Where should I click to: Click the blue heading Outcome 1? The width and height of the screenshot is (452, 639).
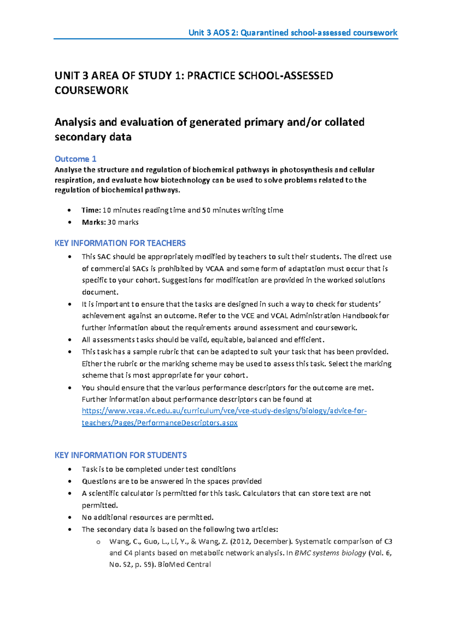click(75, 159)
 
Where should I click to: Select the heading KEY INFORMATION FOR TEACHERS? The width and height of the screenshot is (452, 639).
click(120, 243)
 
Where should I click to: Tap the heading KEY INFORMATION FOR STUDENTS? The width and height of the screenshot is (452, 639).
click(121, 455)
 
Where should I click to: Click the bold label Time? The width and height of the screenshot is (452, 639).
click(91, 210)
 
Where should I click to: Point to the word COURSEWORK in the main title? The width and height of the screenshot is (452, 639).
click(92, 90)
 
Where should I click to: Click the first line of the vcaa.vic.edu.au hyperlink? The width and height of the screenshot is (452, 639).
click(224, 411)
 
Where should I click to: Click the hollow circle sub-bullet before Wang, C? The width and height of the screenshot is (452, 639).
click(98, 542)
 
